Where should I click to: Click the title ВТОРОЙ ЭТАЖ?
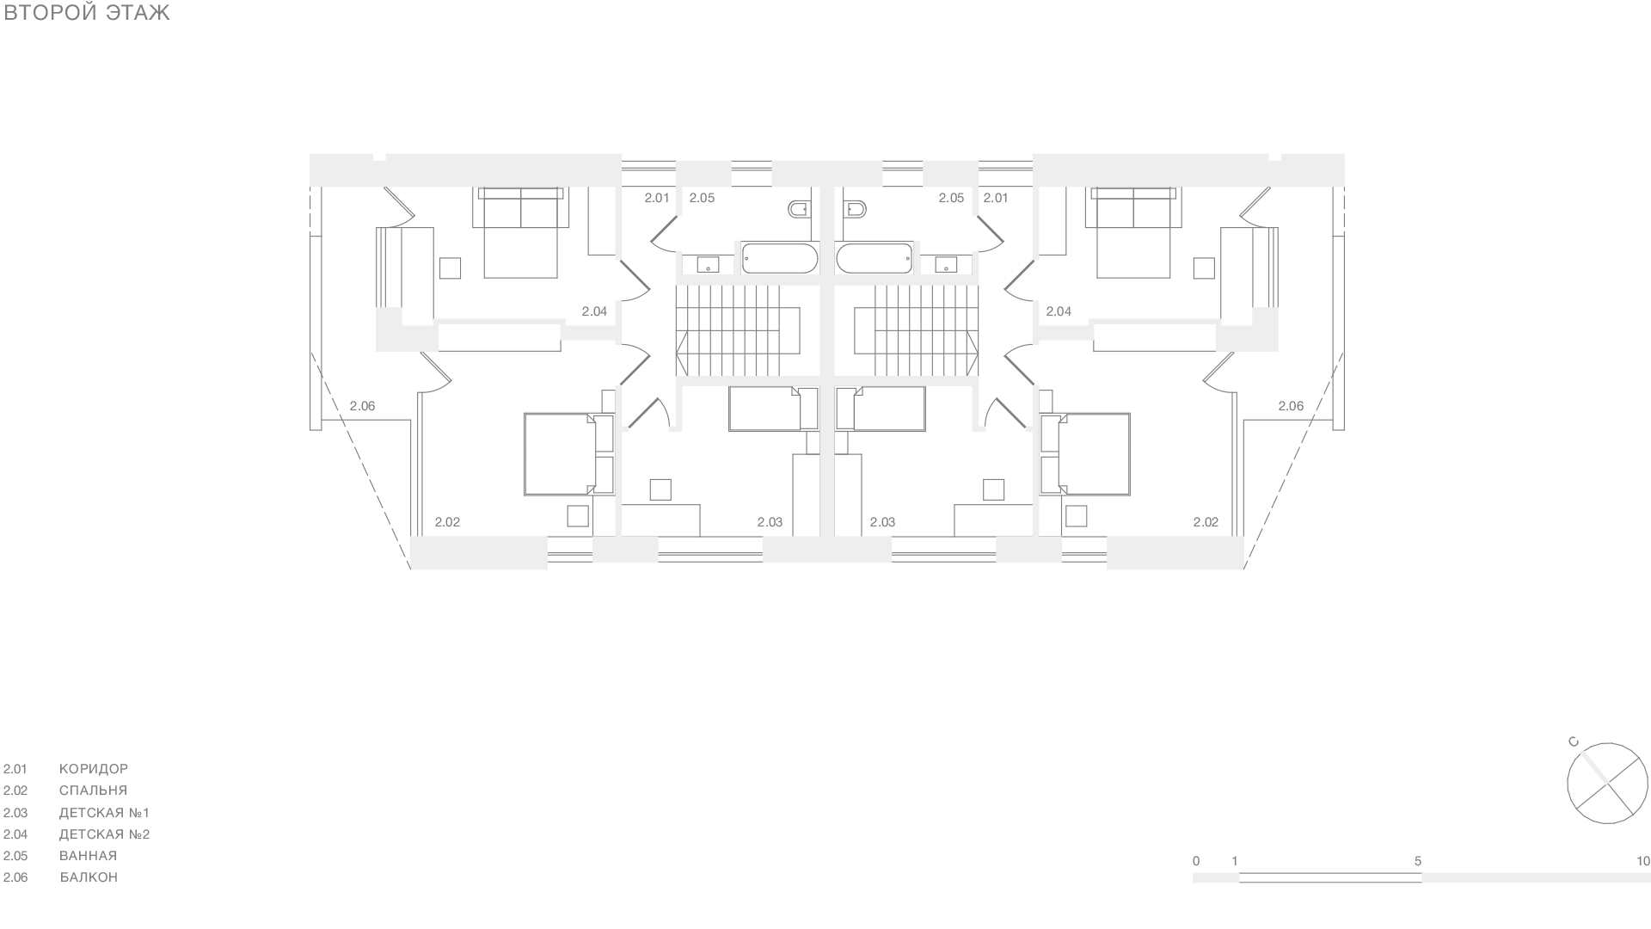(x=87, y=13)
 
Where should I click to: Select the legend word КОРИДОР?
(x=94, y=769)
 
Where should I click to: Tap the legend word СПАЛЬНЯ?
(x=93, y=791)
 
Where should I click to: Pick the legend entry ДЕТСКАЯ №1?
(x=104, y=813)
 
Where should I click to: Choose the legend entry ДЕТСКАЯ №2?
(x=104, y=834)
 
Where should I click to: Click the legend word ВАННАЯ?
(x=88, y=856)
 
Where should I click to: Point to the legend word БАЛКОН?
(x=89, y=877)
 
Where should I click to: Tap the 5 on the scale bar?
(x=1418, y=861)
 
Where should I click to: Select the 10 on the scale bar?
(x=1643, y=861)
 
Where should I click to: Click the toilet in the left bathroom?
(x=799, y=209)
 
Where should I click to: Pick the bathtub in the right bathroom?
(x=874, y=258)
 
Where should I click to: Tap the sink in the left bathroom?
(x=708, y=264)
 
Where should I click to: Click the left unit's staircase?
(x=738, y=331)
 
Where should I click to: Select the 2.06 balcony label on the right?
(x=1291, y=406)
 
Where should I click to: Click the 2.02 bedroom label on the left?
(x=447, y=522)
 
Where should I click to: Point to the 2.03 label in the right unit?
(x=882, y=522)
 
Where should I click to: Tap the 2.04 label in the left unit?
(x=594, y=311)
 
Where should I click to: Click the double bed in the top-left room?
(x=520, y=232)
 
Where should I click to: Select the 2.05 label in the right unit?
(x=951, y=198)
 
